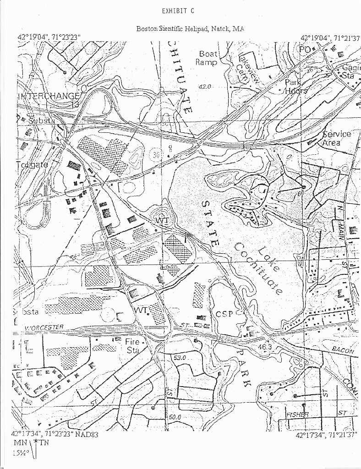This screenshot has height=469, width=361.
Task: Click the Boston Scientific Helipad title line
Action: [x=190, y=28]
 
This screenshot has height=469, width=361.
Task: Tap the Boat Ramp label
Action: [x=207, y=58]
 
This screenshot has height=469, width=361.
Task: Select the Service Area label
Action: [x=337, y=138]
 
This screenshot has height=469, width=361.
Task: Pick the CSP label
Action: [x=224, y=314]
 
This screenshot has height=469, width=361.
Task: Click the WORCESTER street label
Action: [x=44, y=327]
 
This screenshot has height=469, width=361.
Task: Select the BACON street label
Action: [x=343, y=350]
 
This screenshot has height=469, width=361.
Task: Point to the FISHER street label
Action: [x=296, y=414]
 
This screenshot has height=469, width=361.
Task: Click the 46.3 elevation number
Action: [x=265, y=347]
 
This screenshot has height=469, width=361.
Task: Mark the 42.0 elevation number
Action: [x=204, y=87]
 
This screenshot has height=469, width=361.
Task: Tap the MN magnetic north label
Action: [x=20, y=443]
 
